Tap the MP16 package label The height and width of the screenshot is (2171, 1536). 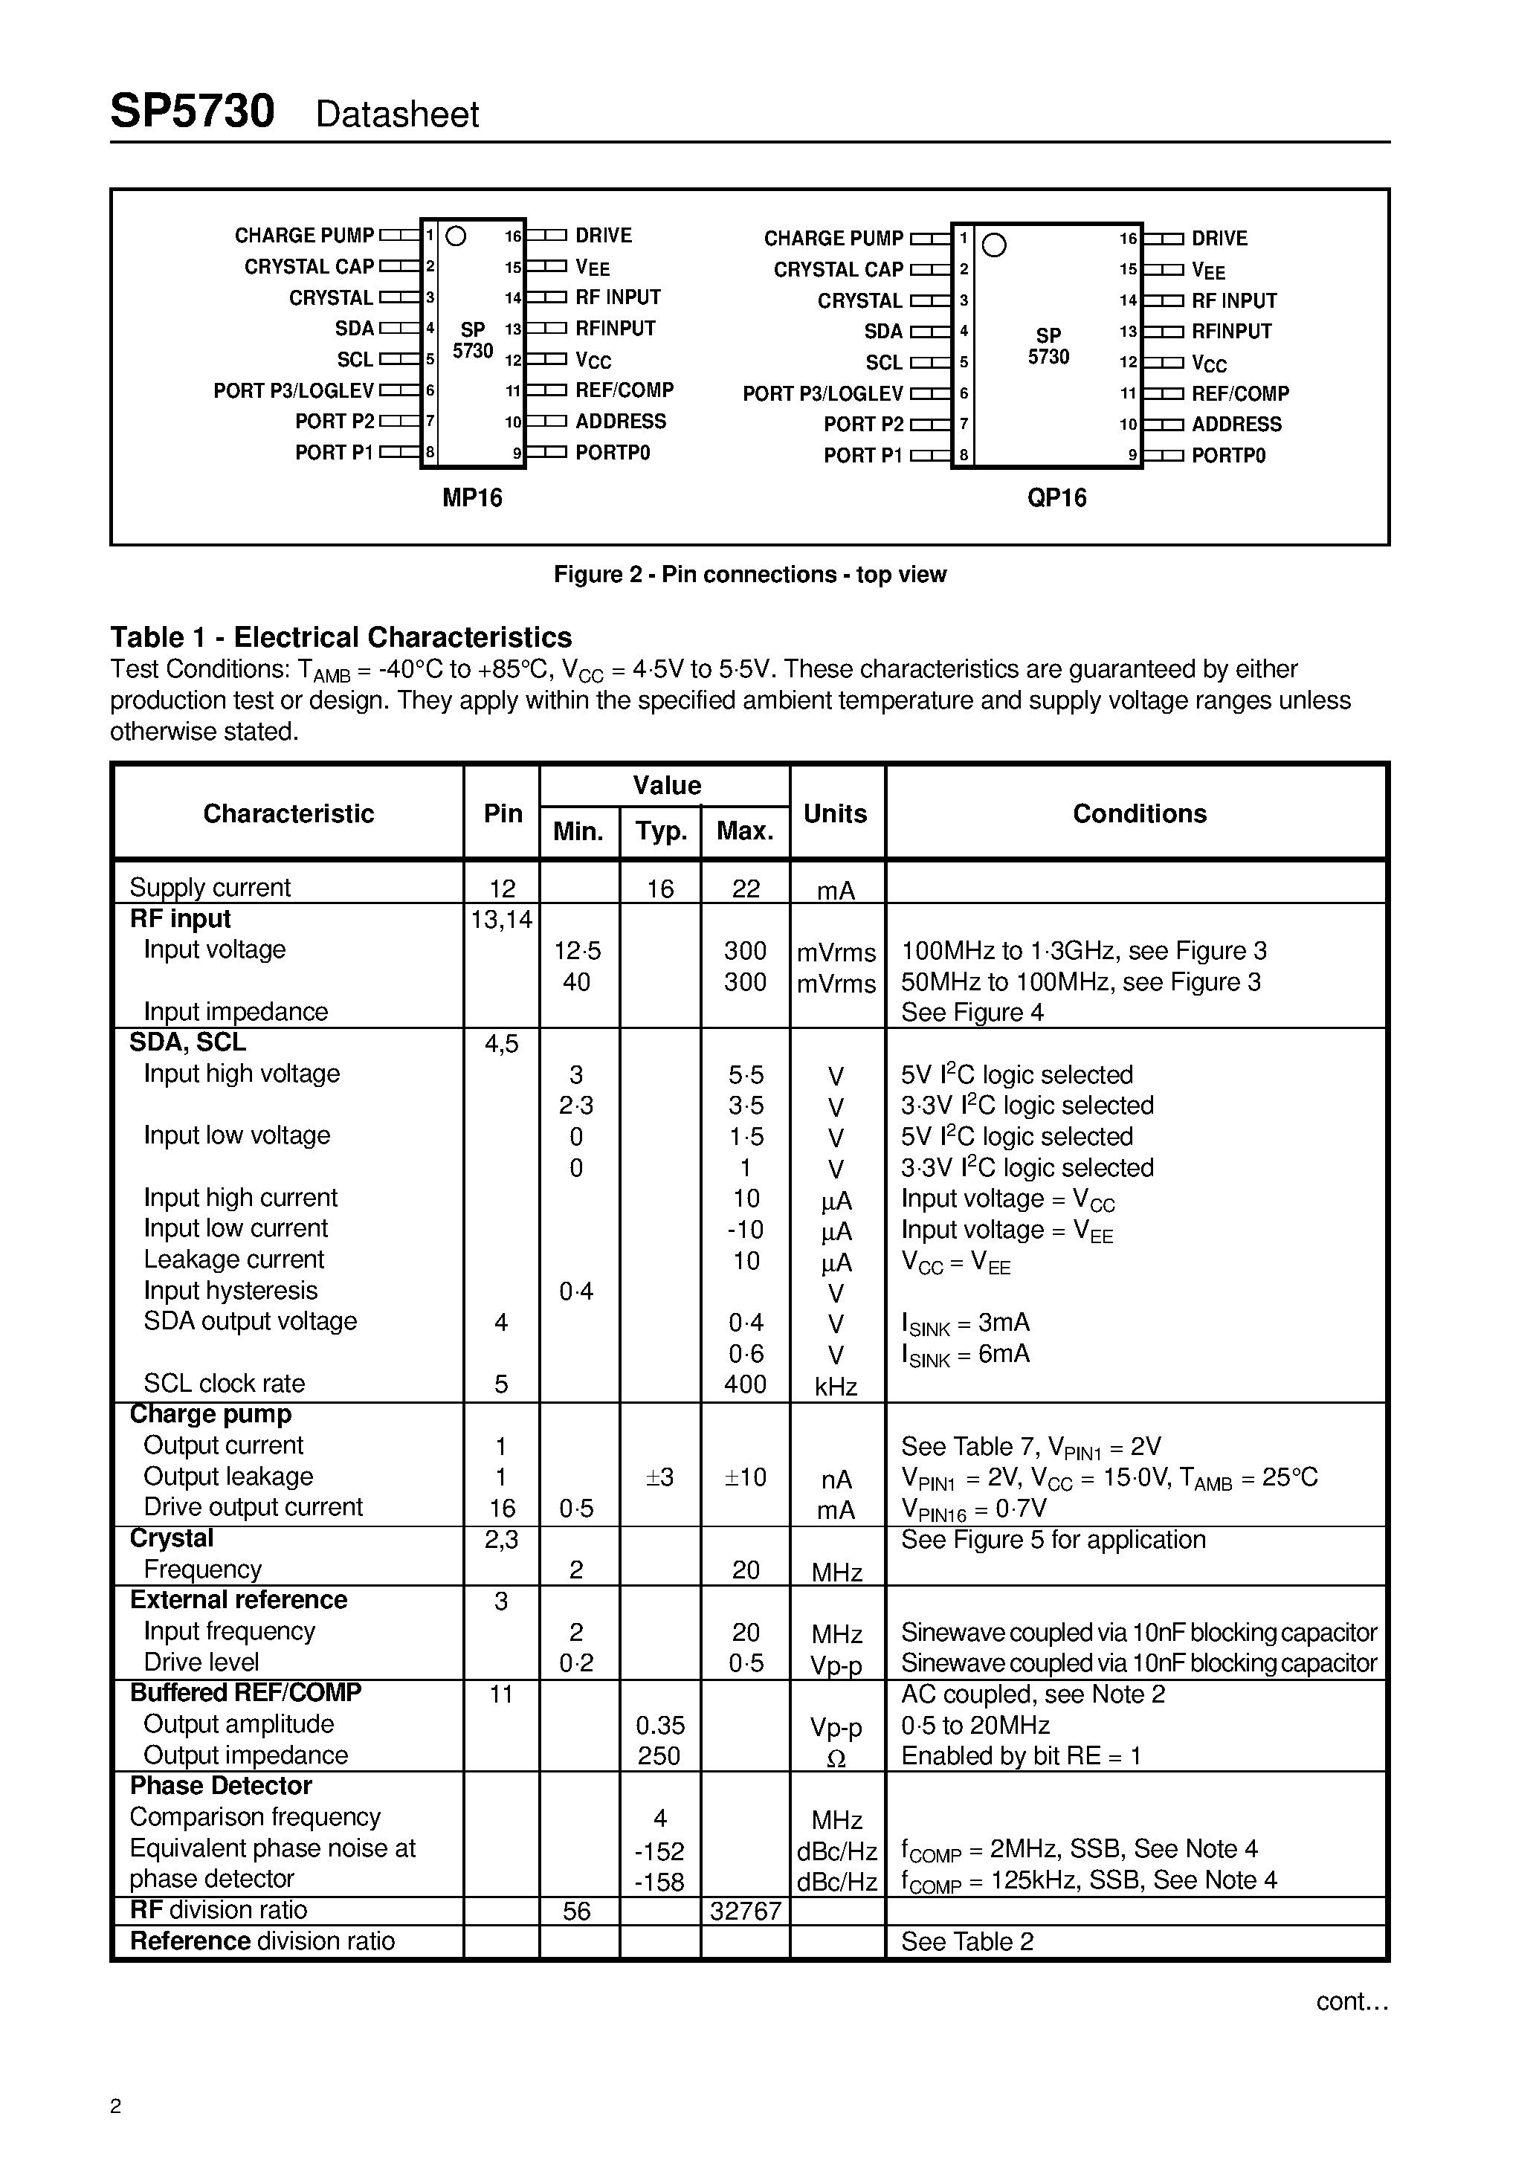point(472,497)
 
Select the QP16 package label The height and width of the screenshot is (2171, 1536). point(1056,497)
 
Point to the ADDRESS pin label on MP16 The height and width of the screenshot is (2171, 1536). point(621,422)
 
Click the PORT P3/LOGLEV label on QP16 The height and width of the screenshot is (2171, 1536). point(823,393)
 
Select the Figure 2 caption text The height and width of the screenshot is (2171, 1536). point(749,574)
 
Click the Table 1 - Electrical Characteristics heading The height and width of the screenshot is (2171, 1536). point(341,636)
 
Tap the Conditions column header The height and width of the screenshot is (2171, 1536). point(1139,813)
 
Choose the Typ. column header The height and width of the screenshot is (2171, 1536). point(660,831)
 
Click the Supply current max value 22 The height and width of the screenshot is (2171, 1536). point(745,888)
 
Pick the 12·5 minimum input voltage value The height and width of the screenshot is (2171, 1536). point(577,950)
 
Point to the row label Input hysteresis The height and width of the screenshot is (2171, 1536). point(230,1291)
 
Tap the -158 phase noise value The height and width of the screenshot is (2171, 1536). point(659,1882)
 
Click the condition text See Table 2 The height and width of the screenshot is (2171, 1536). point(967,1941)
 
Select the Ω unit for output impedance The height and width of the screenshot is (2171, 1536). point(836,1759)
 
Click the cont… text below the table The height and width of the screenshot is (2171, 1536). point(1352,2001)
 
